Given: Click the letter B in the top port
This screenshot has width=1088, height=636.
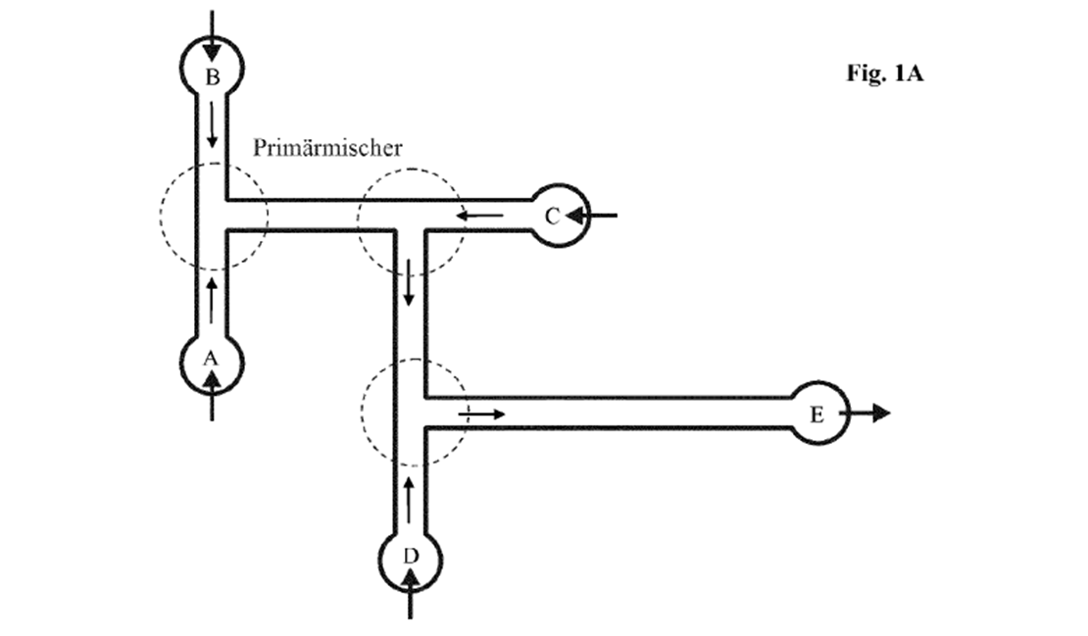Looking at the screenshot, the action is tap(213, 77).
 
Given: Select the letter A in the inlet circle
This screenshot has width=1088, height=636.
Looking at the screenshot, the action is tap(210, 359).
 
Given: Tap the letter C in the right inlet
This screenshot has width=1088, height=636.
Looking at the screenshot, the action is tap(552, 218).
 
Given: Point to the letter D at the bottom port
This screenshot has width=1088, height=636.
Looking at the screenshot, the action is tap(411, 557).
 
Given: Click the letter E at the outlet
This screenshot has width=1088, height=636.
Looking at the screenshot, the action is tap(816, 415).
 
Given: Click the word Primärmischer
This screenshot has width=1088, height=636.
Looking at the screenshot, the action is tap(327, 148).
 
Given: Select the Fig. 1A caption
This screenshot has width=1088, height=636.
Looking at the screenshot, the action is tap(885, 73).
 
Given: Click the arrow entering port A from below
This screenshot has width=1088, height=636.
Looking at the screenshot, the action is tap(212, 395).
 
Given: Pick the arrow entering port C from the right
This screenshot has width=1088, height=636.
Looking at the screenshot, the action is tap(591, 216).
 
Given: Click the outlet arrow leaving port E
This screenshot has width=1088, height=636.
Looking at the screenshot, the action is tap(865, 414).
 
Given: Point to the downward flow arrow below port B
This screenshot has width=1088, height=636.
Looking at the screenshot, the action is tap(213, 124).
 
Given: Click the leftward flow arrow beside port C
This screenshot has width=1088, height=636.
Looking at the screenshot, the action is tap(479, 217).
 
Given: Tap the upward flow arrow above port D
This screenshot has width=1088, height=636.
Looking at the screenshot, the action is tap(409, 500).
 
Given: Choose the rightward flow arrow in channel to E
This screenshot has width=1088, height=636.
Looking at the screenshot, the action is tap(481, 415).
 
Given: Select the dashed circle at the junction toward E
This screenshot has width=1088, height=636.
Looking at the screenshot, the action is tap(362, 412).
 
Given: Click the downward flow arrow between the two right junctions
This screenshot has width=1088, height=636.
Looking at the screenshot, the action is tap(410, 282).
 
